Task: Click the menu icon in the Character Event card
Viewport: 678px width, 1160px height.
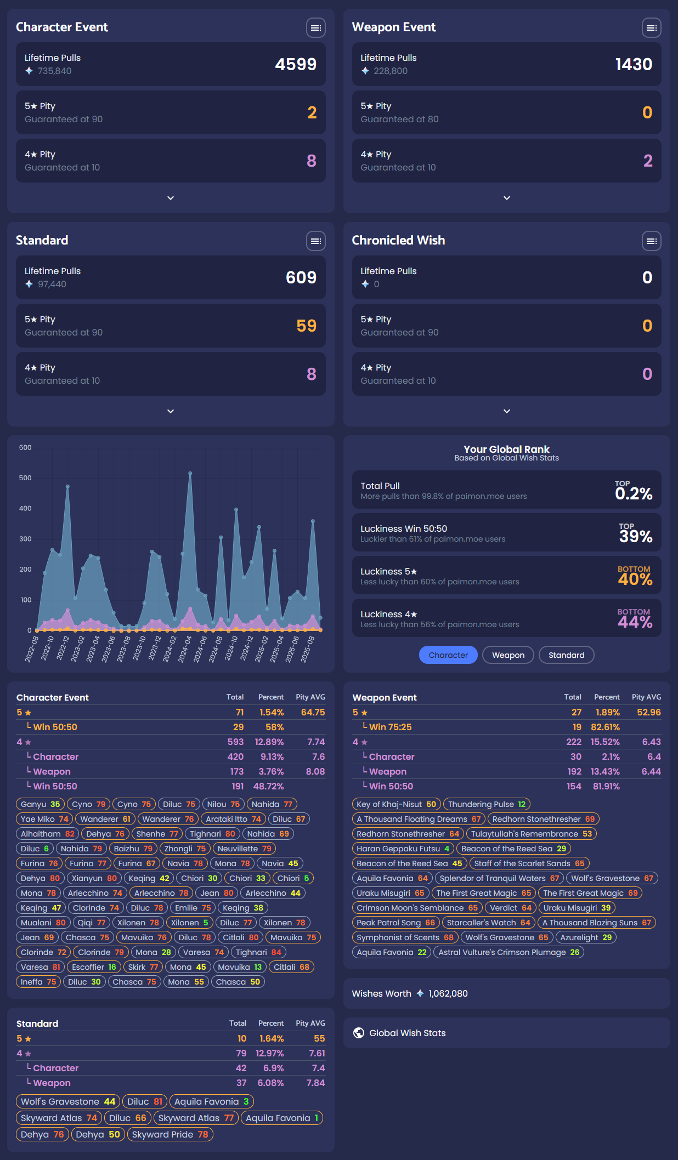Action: (x=315, y=27)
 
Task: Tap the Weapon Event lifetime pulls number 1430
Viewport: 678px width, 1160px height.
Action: (x=634, y=65)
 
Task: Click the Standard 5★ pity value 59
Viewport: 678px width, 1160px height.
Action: (x=306, y=326)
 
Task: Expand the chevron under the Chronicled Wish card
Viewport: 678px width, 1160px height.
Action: (x=506, y=411)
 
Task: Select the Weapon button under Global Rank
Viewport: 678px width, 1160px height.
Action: (x=508, y=655)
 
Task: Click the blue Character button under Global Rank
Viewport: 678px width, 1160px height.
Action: (x=448, y=655)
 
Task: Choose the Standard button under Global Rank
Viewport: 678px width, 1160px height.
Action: (x=566, y=655)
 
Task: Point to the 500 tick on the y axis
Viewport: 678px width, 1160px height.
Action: (x=25, y=478)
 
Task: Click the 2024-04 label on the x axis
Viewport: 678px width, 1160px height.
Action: (x=185, y=649)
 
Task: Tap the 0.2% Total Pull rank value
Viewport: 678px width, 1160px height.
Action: (x=634, y=493)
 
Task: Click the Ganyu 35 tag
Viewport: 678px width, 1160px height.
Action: (x=40, y=804)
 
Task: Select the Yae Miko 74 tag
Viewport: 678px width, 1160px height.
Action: (x=44, y=819)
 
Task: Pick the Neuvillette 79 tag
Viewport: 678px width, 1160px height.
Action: (x=244, y=849)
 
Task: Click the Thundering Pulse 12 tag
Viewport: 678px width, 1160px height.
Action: (x=487, y=804)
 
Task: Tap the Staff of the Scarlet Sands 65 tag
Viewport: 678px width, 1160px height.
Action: (x=529, y=863)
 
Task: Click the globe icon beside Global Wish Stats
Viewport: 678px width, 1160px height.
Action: (x=359, y=1033)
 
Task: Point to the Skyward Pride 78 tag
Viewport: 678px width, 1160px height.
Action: (x=169, y=1134)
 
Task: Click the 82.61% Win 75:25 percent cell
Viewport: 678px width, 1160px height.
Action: (x=605, y=727)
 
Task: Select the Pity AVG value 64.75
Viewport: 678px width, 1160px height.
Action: (x=313, y=712)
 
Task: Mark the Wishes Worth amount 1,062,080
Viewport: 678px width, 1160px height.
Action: (x=448, y=993)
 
